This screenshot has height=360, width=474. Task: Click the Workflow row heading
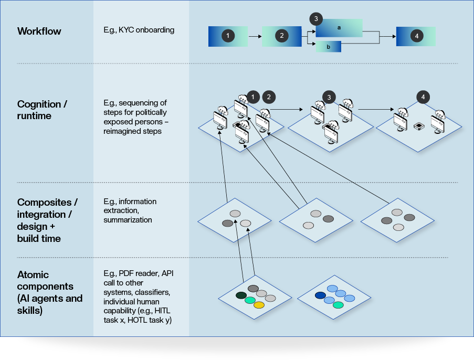click(39, 31)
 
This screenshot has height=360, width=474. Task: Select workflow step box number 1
click(228, 36)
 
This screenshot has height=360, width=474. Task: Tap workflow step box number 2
click(282, 36)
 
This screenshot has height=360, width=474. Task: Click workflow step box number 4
click(416, 36)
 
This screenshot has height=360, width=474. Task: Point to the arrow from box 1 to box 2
click(255, 37)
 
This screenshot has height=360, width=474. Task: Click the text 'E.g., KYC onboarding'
click(139, 30)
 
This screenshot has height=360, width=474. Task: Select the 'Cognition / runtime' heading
click(42, 110)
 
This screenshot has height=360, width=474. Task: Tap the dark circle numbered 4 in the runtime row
click(424, 97)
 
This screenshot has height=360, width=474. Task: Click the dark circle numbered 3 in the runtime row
click(329, 97)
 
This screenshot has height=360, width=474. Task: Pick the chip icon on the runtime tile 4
click(419, 126)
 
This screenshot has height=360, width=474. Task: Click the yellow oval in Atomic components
click(259, 305)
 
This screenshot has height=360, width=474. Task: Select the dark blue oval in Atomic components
click(320, 295)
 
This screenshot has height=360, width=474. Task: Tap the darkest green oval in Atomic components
click(241, 295)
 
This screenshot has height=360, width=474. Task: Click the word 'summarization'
click(128, 220)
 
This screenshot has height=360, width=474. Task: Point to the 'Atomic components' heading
click(50, 293)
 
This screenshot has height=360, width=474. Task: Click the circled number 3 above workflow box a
click(315, 19)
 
